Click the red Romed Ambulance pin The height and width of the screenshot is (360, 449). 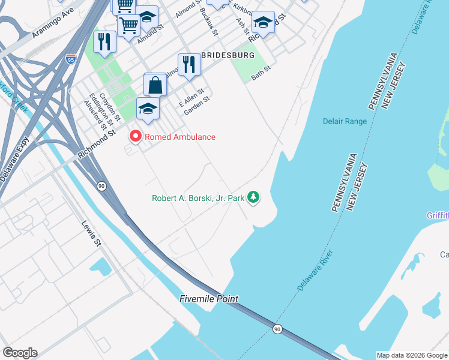pos(135,137)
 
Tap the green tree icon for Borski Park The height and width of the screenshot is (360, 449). pos(254,197)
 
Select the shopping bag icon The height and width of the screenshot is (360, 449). pos(155,85)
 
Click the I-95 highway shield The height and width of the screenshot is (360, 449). pos(70,59)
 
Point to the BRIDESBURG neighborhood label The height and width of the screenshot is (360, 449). pos(228,55)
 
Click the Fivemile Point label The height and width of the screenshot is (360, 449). pos(209,299)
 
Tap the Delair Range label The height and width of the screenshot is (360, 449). pos(344,121)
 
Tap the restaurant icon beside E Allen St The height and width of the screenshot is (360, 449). pos(188,65)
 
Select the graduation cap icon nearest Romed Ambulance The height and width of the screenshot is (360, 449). pos(148,109)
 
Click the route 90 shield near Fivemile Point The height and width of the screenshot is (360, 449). pos(277,329)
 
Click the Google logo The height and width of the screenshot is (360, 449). pos(20,353)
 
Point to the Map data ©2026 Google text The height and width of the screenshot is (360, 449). pos(411,355)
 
